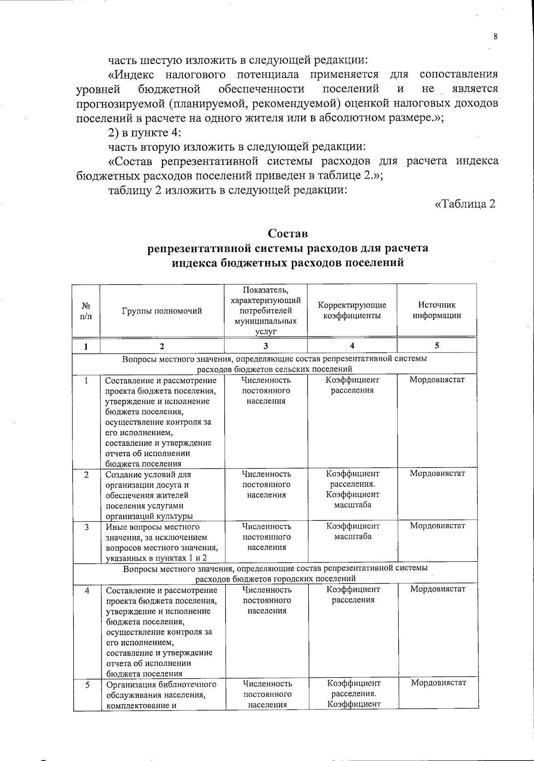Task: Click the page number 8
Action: [x=495, y=37]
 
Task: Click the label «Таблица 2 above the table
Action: [x=465, y=204]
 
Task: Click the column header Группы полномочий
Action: [x=162, y=311]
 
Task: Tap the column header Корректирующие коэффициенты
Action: [x=352, y=310]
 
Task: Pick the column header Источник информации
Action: [x=437, y=310]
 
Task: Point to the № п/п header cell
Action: [x=86, y=311]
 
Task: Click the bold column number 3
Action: [x=266, y=346]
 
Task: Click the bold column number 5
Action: [x=437, y=346]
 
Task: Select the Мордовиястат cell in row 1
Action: [x=437, y=380]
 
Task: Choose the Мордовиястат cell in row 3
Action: [x=437, y=526]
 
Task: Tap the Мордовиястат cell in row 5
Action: [x=438, y=683]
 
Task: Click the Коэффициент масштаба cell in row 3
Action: [x=353, y=531]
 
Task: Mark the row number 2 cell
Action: [x=86, y=474]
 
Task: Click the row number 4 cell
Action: [x=87, y=590]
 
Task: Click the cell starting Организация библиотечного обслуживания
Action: [x=162, y=693]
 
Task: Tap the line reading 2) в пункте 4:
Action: [x=145, y=132]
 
